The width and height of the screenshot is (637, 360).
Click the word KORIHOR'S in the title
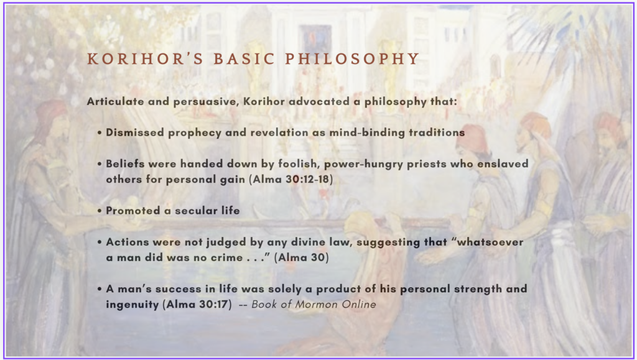(x=145, y=59)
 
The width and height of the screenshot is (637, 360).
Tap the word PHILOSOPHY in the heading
(x=352, y=59)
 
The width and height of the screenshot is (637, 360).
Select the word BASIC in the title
(x=244, y=59)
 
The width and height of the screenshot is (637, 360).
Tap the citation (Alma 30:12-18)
(x=291, y=180)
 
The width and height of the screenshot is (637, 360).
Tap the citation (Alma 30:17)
(x=197, y=305)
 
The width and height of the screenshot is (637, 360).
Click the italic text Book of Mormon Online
(x=314, y=305)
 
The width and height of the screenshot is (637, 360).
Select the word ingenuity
(x=133, y=305)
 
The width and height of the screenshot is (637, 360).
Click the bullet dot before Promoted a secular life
(x=100, y=211)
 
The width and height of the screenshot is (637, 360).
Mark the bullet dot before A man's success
(x=100, y=289)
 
